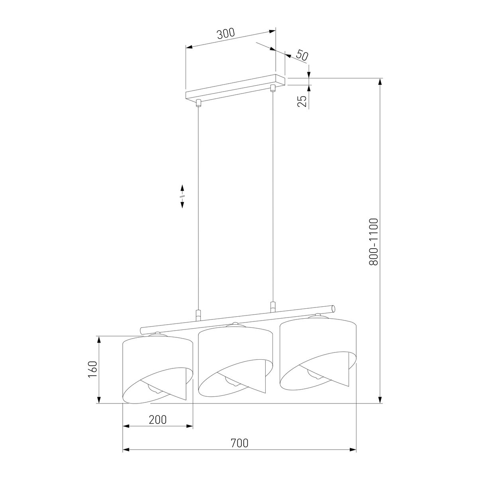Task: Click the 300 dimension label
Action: coord(226,34)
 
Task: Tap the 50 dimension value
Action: coord(302,56)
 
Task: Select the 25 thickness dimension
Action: coord(302,101)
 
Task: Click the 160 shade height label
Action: coord(92,369)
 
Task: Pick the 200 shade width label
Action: coord(158,419)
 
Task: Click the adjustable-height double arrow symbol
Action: coord(182,196)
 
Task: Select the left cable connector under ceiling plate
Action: coord(198,104)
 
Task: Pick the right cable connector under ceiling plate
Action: coord(273,88)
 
